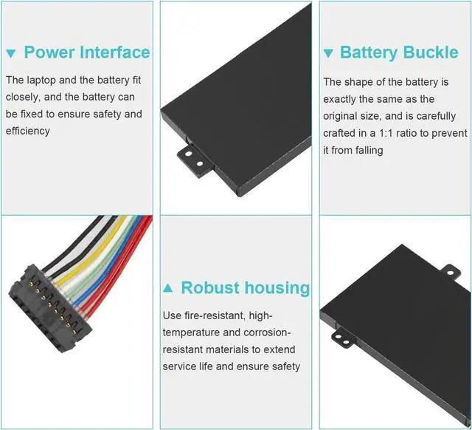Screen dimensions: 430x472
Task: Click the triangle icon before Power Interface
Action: click(x=11, y=53)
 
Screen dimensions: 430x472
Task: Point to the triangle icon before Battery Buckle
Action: click(x=329, y=53)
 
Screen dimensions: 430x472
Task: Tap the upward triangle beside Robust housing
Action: click(x=168, y=288)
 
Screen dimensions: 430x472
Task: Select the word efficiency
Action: click(x=28, y=131)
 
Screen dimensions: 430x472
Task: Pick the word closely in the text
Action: click(x=23, y=97)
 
